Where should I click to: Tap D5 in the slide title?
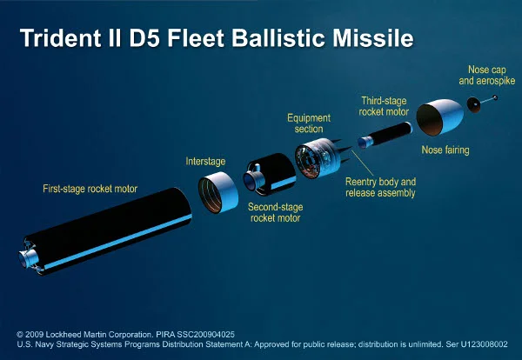pyautogui.click(x=161, y=39)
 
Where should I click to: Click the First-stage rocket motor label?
pyautogui.click(x=90, y=189)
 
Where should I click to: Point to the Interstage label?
pyautogui.click(x=206, y=161)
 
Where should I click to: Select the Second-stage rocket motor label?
pyautogui.click(x=275, y=213)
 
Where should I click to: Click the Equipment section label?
pyautogui.click(x=310, y=123)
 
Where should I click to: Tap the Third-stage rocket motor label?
pyautogui.click(x=385, y=106)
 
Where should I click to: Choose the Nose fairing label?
pyautogui.click(x=445, y=150)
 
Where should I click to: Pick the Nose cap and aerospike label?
pyautogui.click(x=486, y=75)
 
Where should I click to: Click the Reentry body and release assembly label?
pyautogui.click(x=380, y=187)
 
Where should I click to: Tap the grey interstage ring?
pyautogui.click(x=218, y=192)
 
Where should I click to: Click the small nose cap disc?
pyautogui.click(x=475, y=103)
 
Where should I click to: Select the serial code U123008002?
pyautogui.click(x=477, y=345)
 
